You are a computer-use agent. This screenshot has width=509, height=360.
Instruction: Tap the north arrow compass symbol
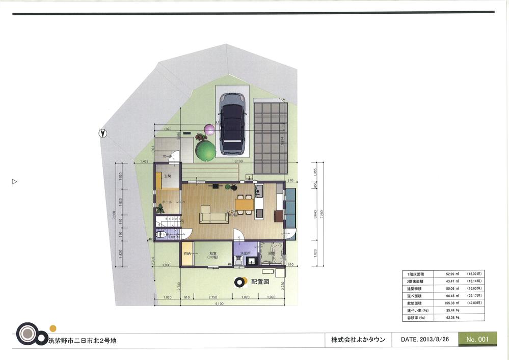click(103, 133)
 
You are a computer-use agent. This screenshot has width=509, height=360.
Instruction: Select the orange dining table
click(244, 204)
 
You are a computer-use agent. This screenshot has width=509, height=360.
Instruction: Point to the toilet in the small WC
click(163, 235)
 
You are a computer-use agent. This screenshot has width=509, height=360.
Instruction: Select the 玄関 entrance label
click(167, 176)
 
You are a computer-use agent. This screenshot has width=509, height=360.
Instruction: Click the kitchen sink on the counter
click(258, 192)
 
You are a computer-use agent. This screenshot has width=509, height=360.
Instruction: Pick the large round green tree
click(205, 150)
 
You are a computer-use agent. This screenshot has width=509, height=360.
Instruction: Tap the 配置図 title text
click(260, 282)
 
